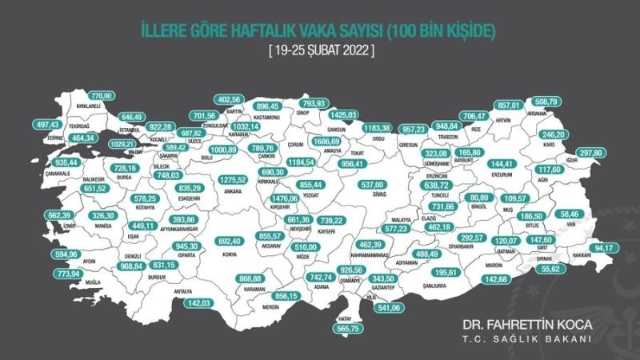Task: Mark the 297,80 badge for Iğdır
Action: (x=614, y=152)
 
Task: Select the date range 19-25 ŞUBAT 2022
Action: (x=319, y=50)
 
